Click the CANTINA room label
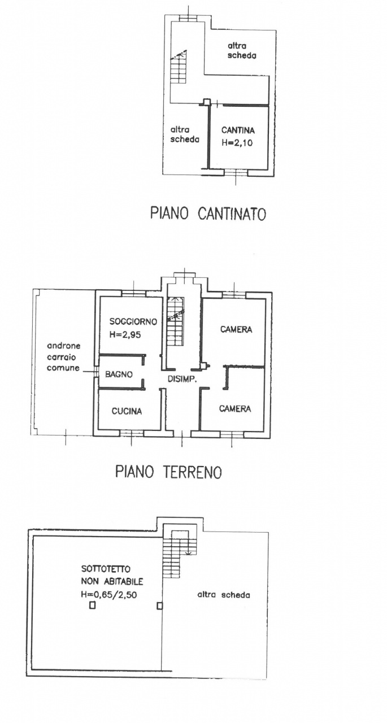click(238, 130)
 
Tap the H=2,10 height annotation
click(237, 143)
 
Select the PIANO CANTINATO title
click(208, 214)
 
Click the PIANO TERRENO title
click(169, 472)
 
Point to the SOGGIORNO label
click(133, 321)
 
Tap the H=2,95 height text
click(125, 335)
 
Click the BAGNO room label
click(119, 374)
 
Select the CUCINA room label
click(127, 411)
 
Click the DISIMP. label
click(182, 380)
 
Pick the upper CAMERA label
click(236, 329)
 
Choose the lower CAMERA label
click(235, 409)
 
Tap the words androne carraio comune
click(64, 357)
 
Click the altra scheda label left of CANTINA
click(185, 134)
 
